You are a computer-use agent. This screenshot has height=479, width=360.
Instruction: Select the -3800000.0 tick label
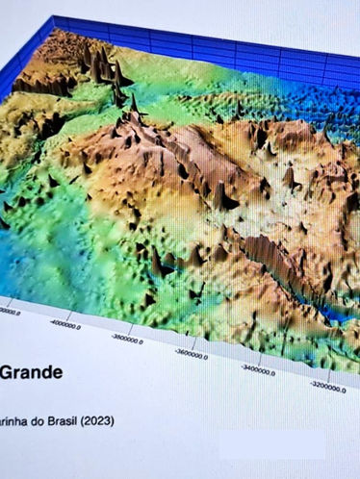[x=127, y=339]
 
